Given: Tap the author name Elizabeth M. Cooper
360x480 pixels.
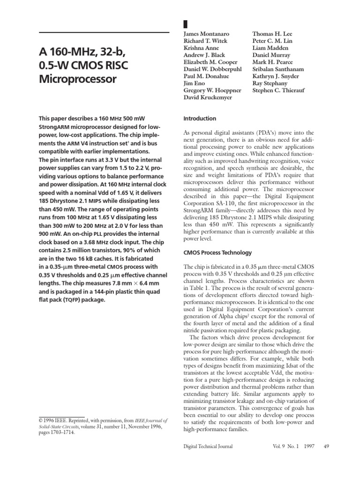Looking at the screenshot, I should coord(208,62).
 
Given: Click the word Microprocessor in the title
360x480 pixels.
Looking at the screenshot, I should coord(77,79).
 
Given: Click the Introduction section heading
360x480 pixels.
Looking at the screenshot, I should coord(199,119).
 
